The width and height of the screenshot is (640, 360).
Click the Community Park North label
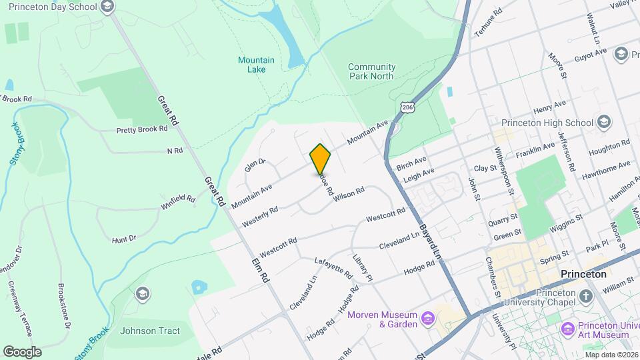(x=371, y=71)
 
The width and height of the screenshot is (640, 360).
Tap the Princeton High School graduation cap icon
(x=603, y=123)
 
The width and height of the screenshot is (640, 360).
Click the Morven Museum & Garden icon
(x=428, y=319)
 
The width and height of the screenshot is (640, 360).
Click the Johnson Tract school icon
(x=141, y=293)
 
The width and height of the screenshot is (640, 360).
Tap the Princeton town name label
(x=583, y=274)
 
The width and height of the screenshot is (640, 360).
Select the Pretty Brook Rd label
(x=141, y=129)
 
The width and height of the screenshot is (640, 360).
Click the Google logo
(x=22, y=351)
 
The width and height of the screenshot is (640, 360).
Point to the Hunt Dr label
(x=124, y=238)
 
